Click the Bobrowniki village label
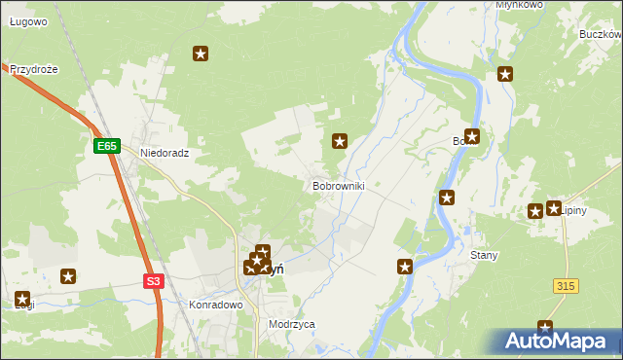(339, 185)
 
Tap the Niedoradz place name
(164, 153)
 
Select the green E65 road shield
(107, 146)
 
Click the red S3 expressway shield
(153, 281)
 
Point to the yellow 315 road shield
(567, 285)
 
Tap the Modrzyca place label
(292, 324)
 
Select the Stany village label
(484, 255)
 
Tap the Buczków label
(600, 33)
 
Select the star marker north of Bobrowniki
(340, 141)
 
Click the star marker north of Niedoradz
(202, 54)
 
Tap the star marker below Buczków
(505, 73)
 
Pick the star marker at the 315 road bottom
(545, 329)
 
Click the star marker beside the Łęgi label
(22, 299)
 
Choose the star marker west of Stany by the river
(405, 266)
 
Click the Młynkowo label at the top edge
(518, 5)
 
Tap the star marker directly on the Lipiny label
(554, 208)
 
